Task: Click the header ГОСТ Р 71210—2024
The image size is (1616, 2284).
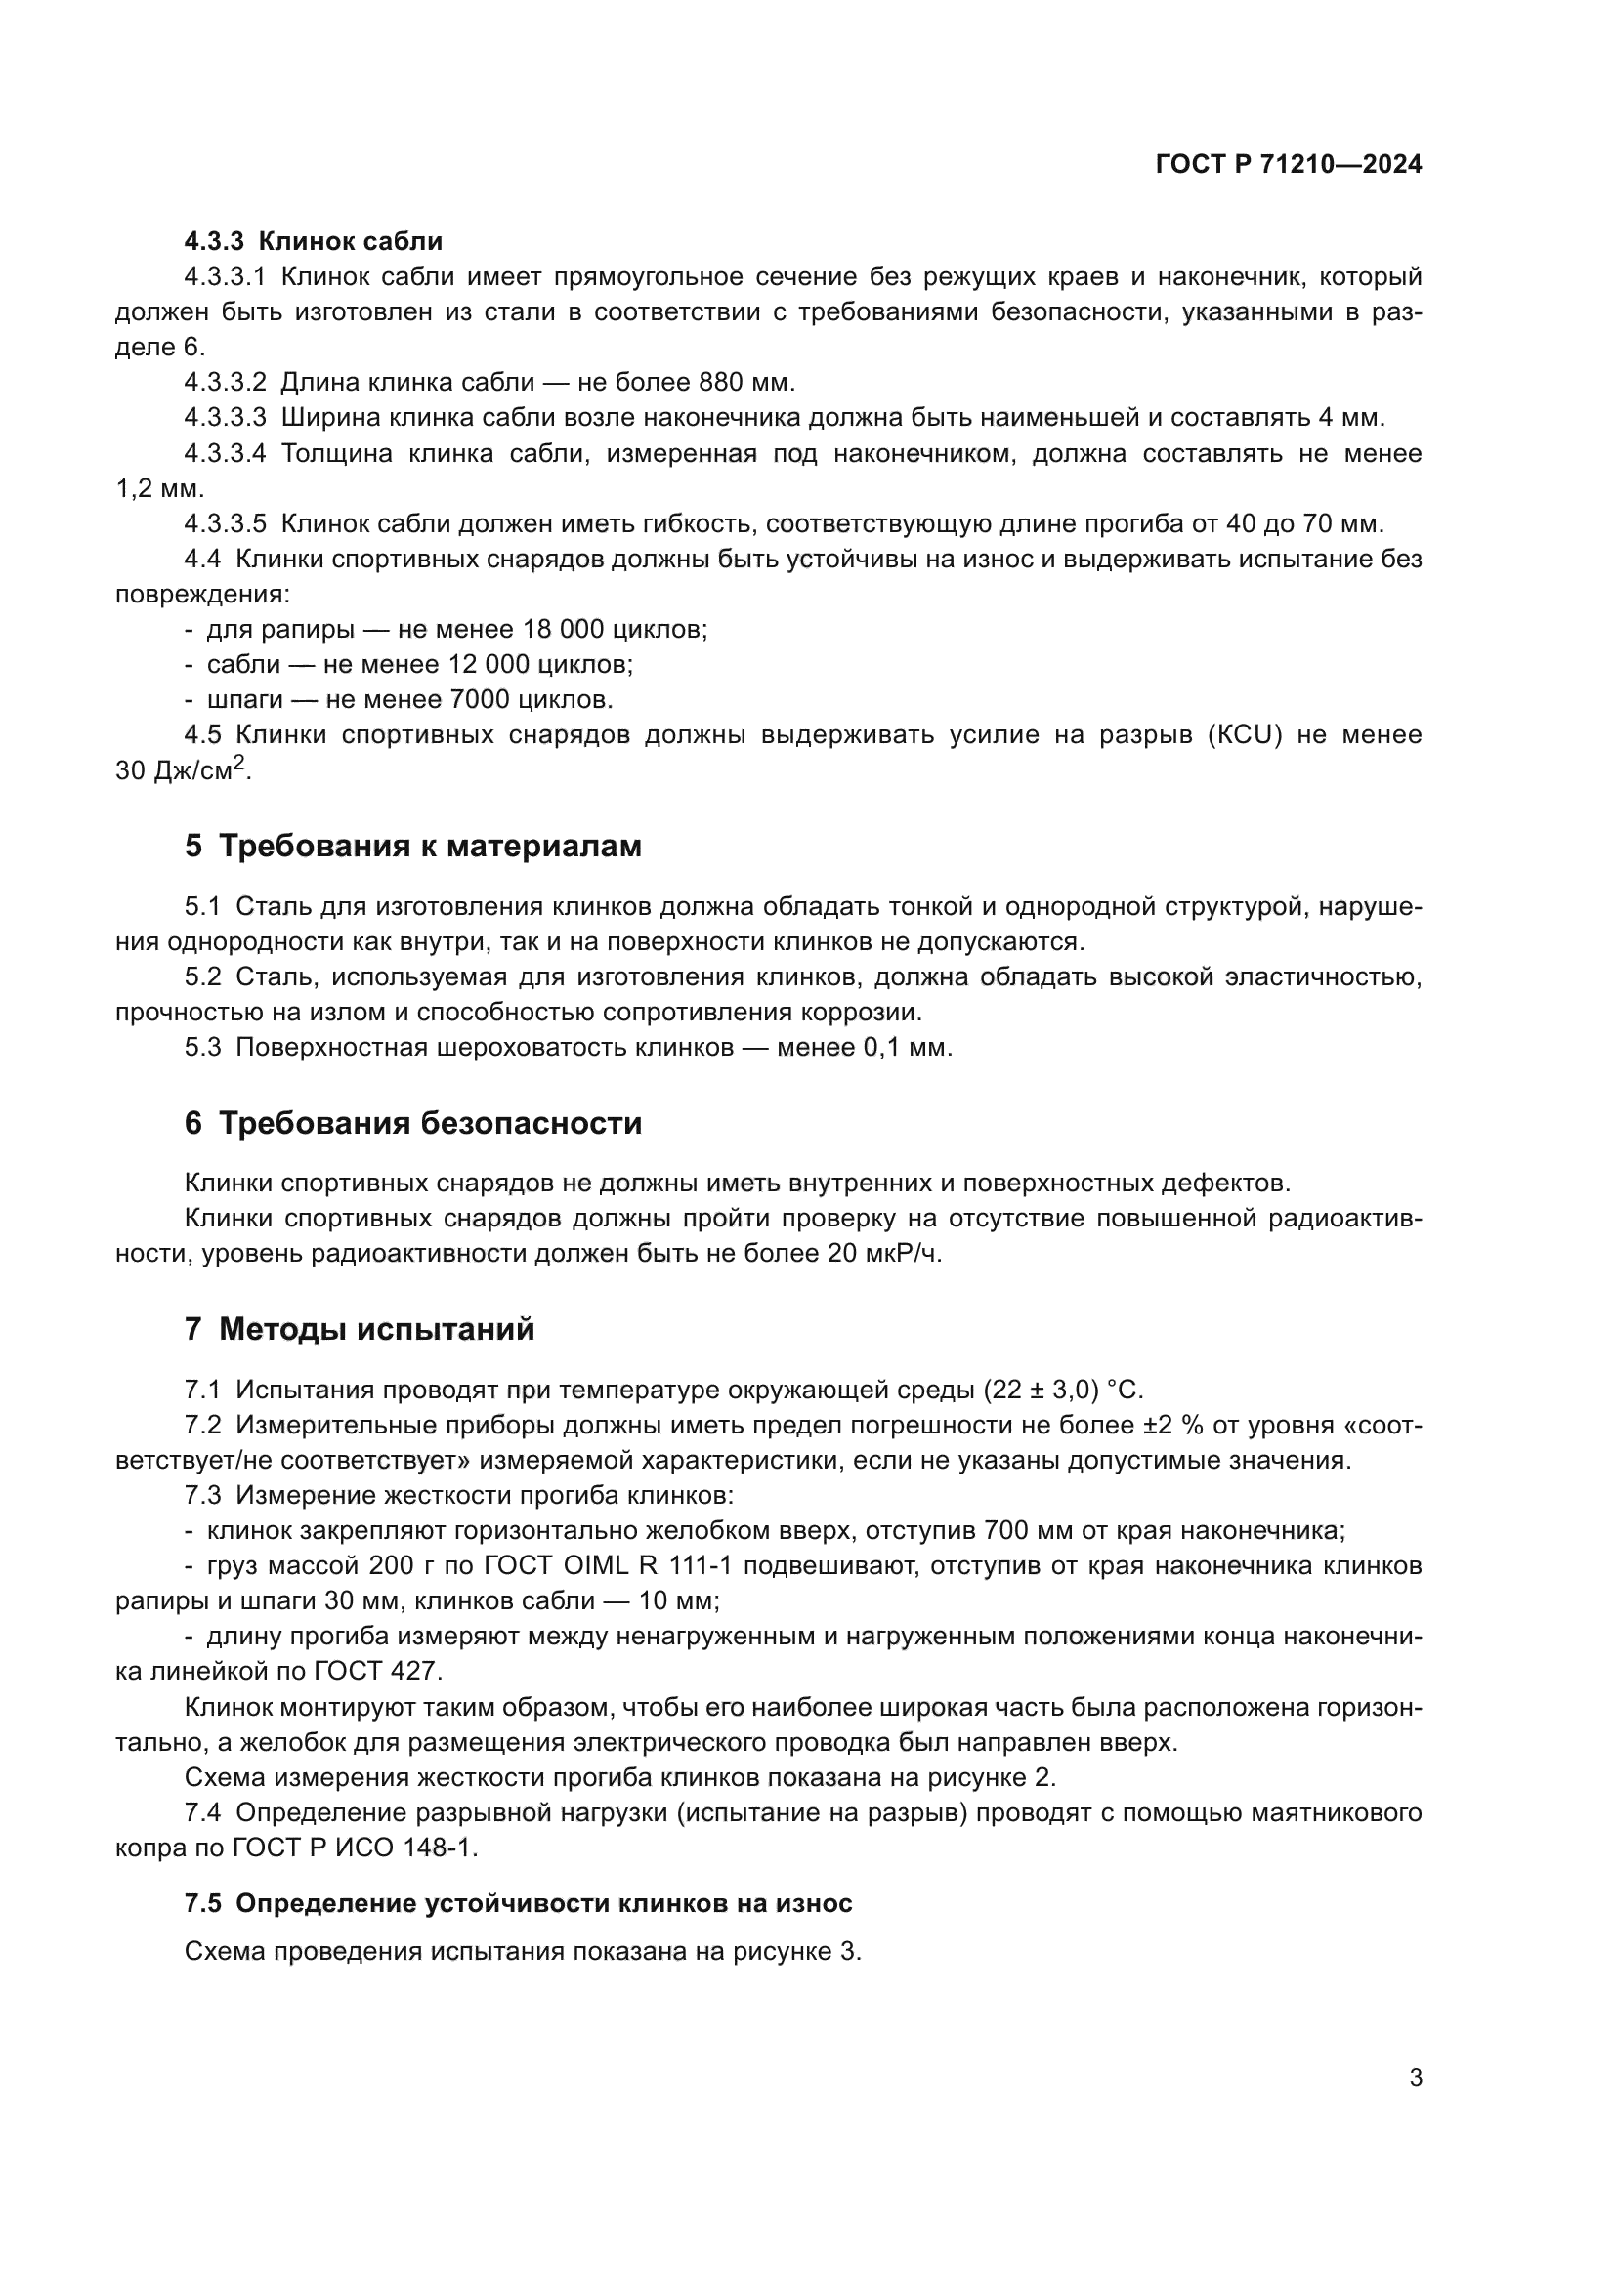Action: pos(1289,165)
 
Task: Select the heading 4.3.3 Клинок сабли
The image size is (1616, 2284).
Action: pos(314,241)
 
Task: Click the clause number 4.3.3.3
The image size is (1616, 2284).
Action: pos(225,417)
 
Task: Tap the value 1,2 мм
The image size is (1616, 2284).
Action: pos(159,488)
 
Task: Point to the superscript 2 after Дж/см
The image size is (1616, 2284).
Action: pos(238,763)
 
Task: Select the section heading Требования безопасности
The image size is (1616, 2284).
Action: pos(430,1124)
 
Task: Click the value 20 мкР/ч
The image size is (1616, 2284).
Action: pos(883,1254)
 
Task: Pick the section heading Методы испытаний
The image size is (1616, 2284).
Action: pos(376,1330)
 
